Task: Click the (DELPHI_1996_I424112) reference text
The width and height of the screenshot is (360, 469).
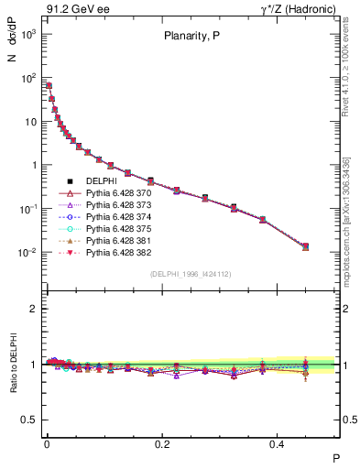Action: [189, 274]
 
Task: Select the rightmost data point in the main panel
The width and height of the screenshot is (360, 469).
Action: [305, 246]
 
